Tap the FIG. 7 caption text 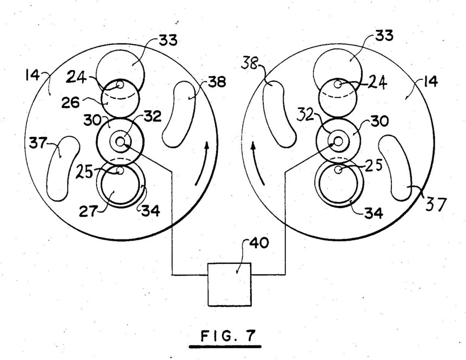(228, 336)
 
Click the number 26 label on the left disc (71, 103)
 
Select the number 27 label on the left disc (88, 211)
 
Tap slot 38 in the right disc (278, 115)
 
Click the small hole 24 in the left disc (120, 85)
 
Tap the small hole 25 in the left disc (120, 171)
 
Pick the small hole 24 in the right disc (338, 84)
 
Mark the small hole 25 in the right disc (338, 169)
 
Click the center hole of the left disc (120, 142)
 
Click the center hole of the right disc (338, 141)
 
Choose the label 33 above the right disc (384, 35)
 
